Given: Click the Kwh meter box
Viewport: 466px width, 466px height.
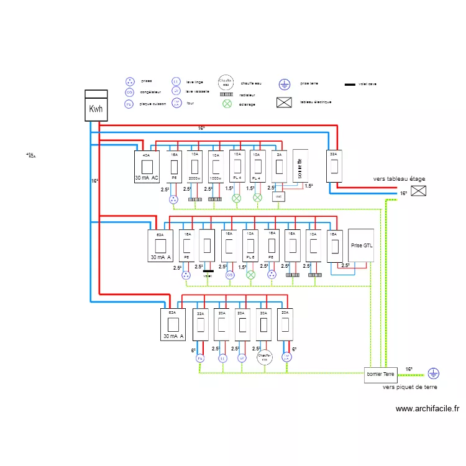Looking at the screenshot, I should click(96, 106).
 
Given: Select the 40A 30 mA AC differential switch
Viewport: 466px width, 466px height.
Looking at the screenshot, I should click(147, 167).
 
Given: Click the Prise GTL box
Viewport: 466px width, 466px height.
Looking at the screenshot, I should click(362, 246).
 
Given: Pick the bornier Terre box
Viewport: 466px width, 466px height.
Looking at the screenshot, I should click(381, 374).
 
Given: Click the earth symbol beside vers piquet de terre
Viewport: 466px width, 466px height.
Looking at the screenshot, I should click(433, 373).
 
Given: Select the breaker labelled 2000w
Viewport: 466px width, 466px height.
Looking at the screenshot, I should click(195, 167).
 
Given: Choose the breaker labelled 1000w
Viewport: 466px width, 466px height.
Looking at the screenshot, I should click(216, 167).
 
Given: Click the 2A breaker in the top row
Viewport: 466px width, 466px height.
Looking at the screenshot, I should click(279, 167).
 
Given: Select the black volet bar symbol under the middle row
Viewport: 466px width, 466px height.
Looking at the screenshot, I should click(208, 271).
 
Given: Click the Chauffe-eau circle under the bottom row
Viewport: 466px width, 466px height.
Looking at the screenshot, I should click(264, 358).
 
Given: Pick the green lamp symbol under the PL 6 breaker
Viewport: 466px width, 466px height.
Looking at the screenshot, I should click(250, 275).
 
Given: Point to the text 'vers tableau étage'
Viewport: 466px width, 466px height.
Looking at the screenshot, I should click(400, 179).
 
